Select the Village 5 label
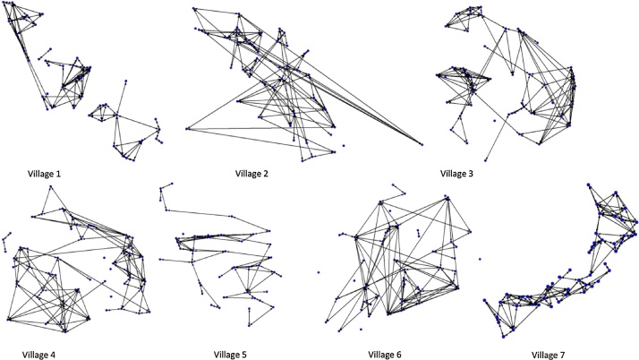[221, 355]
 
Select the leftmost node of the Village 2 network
[187, 129]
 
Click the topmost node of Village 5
[162, 185]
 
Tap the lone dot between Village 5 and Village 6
[318, 270]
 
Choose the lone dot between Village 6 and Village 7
[481, 261]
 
